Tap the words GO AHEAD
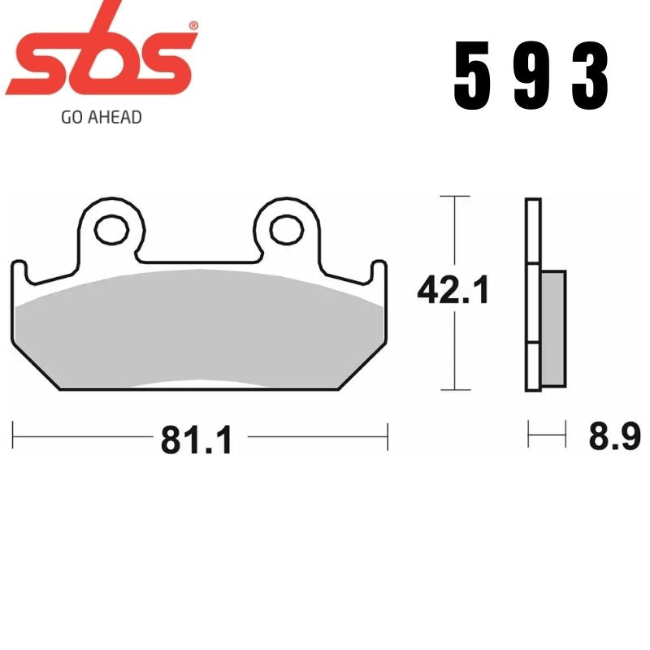point(102,117)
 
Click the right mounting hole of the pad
point(285,229)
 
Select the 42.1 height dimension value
point(453,290)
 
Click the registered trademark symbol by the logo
point(193,27)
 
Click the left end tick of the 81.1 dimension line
point(13,436)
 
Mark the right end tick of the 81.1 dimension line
point(388,436)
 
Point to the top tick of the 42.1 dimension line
point(453,197)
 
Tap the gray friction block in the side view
point(552,328)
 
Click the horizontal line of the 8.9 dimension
point(546,435)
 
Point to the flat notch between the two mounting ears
point(197,262)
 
